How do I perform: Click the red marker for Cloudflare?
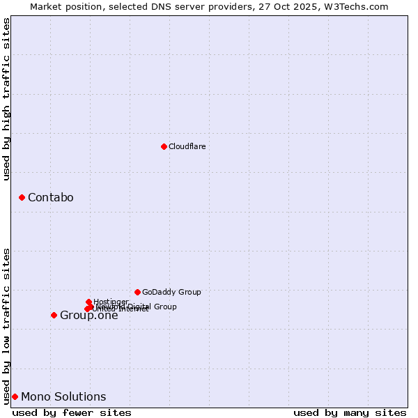[164, 146]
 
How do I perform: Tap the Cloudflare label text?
[187, 146]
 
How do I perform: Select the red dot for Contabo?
[22, 198]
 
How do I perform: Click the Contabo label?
[50, 198]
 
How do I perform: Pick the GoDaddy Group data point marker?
[137, 292]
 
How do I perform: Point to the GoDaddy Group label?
[171, 292]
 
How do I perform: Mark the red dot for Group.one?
[54, 316]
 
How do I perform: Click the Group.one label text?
[88, 316]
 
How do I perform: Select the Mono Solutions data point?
[15, 397]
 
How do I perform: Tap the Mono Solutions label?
[63, 397]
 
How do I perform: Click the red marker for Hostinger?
[88, 302]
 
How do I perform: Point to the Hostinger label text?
[111, 302]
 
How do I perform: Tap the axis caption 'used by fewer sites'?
[72, 413]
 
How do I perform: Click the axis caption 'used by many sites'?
[350, 413]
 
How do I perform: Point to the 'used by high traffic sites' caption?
[6, 99]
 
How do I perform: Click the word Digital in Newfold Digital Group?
[139, 307]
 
